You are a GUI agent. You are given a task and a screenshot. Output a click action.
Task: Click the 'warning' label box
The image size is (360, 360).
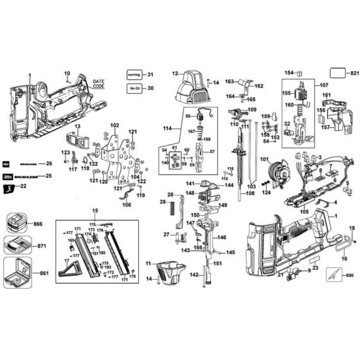(x=134, y=75)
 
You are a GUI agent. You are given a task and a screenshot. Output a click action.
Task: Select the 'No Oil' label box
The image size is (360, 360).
(x=134, y=88)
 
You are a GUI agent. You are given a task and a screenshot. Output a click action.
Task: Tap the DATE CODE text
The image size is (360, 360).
(x=98, y=84)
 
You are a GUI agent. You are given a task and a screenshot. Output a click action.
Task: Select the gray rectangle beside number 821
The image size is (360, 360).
(x=338, y=73)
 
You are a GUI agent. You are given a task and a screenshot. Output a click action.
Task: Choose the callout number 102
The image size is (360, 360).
(x=114, y=125)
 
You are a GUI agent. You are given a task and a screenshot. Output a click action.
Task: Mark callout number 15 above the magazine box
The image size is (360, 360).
(x=94, y=212)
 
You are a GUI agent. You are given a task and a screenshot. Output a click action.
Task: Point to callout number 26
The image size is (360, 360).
(x=48, y=163)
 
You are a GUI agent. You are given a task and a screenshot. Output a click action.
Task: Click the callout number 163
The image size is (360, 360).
(x=230, y=82)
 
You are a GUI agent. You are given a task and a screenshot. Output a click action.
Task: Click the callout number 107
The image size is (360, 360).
(x=323, y=85)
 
